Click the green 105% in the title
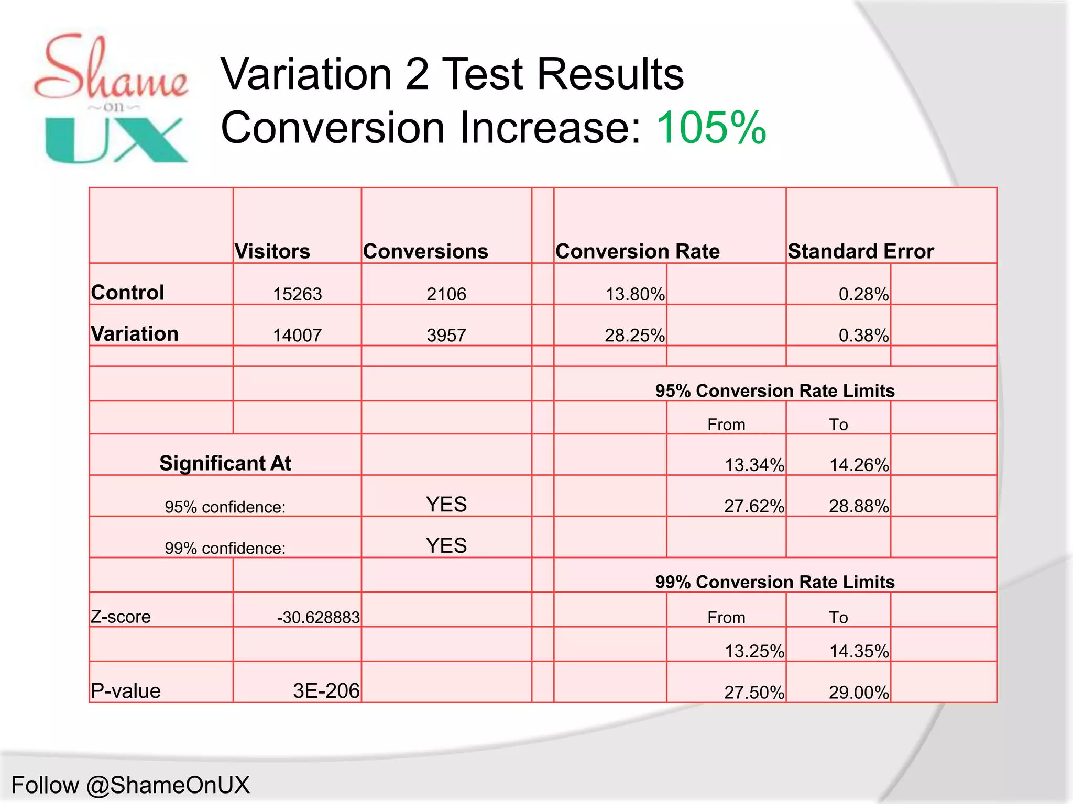[710, 128]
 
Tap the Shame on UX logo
[111, 98]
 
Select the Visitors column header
[272, 252]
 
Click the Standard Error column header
[861, 252]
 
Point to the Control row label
[127, 293]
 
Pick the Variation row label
[135, 334]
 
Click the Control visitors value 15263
[297, 294]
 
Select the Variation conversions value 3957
[446, 336]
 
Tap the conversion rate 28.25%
[634, 336]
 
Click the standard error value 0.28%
[863, 294]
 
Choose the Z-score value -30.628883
[318, 618]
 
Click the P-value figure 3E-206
[326, 691]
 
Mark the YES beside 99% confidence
[446, 546]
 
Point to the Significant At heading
[225, 463]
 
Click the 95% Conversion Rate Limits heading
[775, 391]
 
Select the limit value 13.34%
[754, 465]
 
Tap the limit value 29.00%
[859, 693]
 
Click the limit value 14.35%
[859, 651]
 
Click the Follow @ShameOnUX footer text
[130, 785]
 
